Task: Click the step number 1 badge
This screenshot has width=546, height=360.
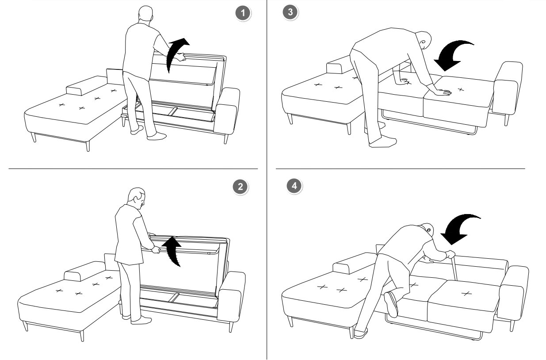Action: [x=243, y=13]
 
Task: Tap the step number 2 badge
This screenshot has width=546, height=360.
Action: [x=241, y=187]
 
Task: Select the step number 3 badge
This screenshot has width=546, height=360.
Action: [x=290, y=12]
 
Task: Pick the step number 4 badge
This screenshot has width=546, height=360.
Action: [x=294, y=186]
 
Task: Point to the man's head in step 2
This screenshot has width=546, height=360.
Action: [x=137, y=198]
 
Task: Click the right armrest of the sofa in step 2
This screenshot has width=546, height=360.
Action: [x=232, y=296]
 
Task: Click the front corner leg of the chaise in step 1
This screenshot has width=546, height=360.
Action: [x=88, y=146]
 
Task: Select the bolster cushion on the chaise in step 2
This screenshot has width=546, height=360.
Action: [x=84, y=271]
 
